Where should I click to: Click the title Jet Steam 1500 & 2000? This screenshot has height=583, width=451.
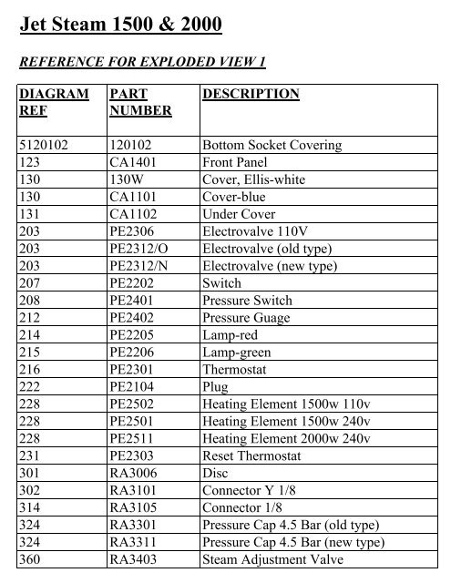tap(120, 27)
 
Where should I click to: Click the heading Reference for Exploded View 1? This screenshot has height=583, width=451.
tap(142, 62)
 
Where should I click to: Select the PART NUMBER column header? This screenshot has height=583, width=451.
tap(139, 102)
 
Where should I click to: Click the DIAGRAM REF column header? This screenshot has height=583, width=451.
tap(54, 102)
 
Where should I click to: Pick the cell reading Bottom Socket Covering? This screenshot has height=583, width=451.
tap(272, 146)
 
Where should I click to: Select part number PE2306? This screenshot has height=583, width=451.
tap(133, 232)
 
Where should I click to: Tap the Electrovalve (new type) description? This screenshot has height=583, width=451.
tap(270, 266)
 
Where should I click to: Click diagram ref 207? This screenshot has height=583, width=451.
tap(30, 283)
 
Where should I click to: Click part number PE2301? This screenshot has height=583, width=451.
tap(133, 370)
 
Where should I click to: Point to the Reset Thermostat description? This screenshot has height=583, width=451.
tap(251, 456)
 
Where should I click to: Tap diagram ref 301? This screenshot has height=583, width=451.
tap(30, 474)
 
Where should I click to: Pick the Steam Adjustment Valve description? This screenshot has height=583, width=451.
tap(264, 560)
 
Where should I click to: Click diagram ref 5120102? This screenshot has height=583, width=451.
tap(44, 146)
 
